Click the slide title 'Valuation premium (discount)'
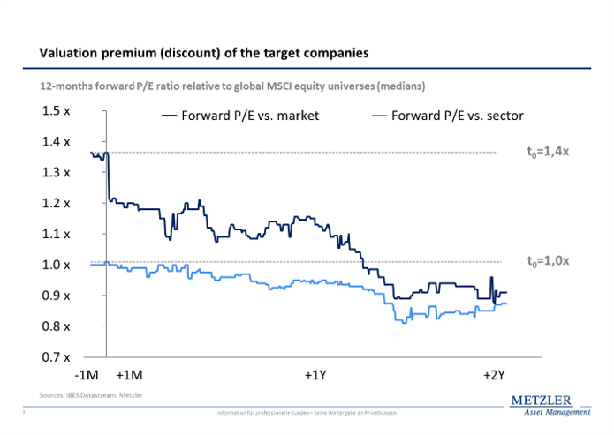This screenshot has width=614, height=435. tap(204, 54)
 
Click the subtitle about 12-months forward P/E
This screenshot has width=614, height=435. tap(232, 86)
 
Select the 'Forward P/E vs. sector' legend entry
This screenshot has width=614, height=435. tap(449, 115)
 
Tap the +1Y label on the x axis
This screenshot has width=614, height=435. tap(316, 375)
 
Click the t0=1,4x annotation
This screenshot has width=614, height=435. tap(548, 152)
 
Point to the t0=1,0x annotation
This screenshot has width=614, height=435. tap(548, 261)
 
